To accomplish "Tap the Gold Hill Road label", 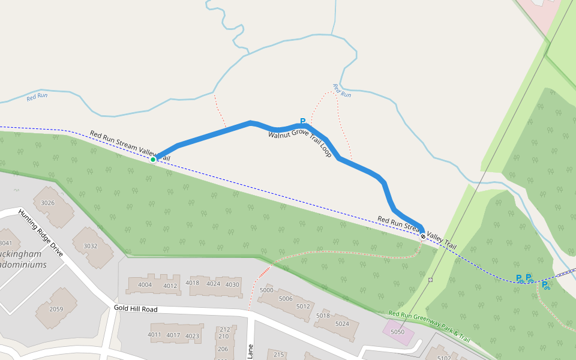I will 136,309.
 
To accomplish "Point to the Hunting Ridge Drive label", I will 41,233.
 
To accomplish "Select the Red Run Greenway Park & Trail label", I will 429,326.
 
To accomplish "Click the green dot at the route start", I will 153,159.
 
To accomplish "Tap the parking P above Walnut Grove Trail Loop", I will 303,121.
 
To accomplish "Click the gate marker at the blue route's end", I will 424,236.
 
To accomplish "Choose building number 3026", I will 48,203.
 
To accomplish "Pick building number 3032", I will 90,246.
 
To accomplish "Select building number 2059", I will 56,309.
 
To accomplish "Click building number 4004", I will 145,284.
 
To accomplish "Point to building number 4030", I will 232,284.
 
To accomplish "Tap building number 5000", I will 267,290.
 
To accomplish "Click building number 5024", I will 342,324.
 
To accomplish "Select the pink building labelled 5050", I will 397,332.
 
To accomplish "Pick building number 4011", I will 155,334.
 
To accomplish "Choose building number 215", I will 278,355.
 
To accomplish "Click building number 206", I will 223,349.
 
